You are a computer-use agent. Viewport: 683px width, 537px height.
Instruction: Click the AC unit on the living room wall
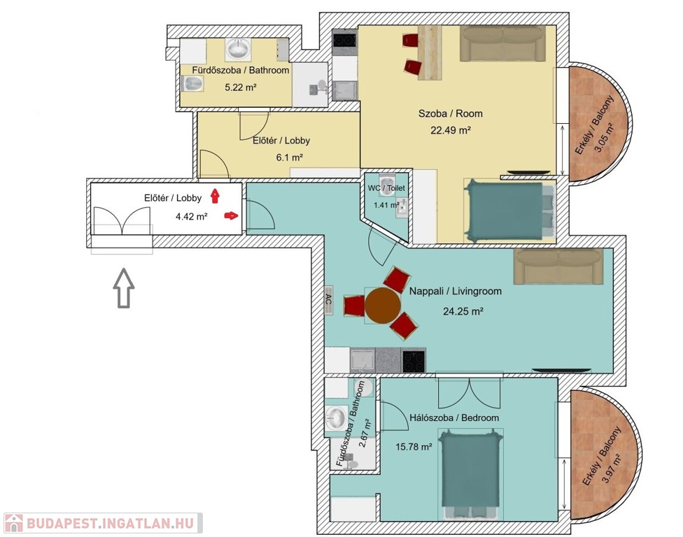(x=329, y=300)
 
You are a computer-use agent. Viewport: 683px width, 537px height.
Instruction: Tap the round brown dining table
(x=383, y=306)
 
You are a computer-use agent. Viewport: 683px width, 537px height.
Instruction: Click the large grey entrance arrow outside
(x=124, y=288)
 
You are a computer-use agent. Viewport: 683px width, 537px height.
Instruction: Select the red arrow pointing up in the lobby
(x=215, y=196)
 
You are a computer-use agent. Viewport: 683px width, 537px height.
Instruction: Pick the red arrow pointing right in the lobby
(x=232, y=215)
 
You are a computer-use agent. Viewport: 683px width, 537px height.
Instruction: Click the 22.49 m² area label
(x=451, y=130)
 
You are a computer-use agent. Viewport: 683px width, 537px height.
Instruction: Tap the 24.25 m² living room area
(x=463, y=311)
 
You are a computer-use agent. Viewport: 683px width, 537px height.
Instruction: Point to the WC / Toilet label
(x=386, y=188)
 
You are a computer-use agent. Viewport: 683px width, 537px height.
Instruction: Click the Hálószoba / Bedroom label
(x=454, y=417)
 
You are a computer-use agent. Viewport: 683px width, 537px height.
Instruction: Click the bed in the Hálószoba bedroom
(x=470, y=474)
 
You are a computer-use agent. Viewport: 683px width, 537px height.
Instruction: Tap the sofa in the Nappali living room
(x=558, y=266)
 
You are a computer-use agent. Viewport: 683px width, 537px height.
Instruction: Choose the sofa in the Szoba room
(x=502, y=43)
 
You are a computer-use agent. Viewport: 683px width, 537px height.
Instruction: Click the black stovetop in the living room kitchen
(x=414, y=361)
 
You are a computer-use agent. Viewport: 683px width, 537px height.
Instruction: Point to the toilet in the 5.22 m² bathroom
(x=192, y=83)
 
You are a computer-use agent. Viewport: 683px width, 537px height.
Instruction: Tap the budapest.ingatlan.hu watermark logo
(x=104, y=523)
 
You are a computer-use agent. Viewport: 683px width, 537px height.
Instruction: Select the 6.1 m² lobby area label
(x=289, y=157)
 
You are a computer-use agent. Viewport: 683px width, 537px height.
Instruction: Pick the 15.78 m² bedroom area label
(x=414, y=447)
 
